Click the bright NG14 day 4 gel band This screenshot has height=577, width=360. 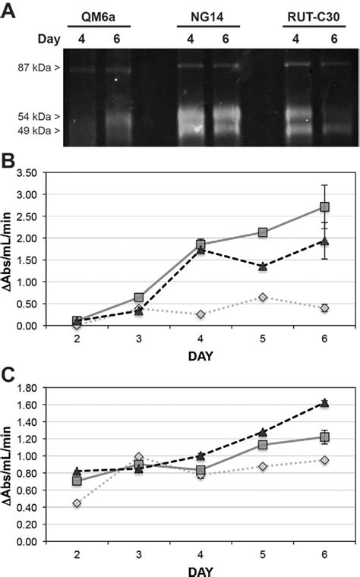[x=190, y=120]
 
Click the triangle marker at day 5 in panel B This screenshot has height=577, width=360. [x=262, y=266]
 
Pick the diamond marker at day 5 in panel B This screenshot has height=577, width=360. [x=262, y=297]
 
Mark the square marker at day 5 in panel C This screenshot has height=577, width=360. [x=262, y=445]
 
